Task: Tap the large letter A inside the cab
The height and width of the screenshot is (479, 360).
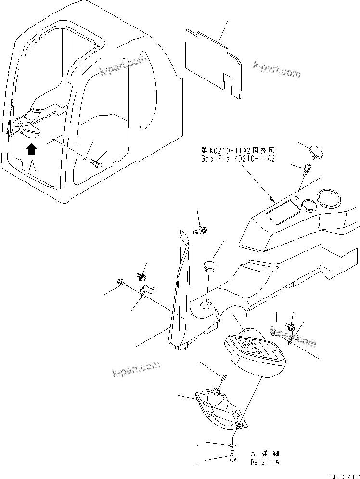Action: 32,166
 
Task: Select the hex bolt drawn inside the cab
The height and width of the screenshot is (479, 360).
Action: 96,164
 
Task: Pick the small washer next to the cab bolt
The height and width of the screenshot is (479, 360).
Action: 85,156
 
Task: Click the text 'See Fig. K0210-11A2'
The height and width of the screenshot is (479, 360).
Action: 238,158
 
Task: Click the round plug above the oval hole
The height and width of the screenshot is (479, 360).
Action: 209,265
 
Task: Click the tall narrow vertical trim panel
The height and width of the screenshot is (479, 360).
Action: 179,289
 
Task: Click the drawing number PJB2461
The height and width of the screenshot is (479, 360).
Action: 343,476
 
